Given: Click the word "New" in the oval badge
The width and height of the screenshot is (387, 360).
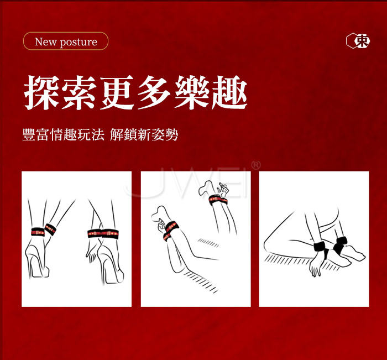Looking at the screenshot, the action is pos(45,41).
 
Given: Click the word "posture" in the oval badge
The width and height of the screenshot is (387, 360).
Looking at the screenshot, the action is pos(79,42).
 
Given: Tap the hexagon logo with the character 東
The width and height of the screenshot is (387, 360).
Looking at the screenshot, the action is pos(358,41).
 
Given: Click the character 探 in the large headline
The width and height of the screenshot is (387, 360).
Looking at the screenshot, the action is pos(41,92).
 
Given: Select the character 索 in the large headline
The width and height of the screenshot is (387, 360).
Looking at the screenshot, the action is pos(79,92).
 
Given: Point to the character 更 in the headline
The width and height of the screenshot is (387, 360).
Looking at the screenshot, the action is pos(117,92).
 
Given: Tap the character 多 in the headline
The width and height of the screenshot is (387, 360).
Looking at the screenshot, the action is pos(155,92).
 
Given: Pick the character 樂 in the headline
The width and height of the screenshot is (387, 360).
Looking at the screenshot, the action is pos(192,92).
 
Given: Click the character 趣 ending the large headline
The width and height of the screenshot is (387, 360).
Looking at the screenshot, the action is pos(230,92).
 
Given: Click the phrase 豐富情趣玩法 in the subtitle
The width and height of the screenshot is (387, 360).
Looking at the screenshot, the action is pos(64,134).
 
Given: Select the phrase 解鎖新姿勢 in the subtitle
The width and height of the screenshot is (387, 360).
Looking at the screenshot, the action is pos(144,134).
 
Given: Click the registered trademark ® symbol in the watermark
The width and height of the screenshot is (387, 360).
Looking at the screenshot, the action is pos(255,165).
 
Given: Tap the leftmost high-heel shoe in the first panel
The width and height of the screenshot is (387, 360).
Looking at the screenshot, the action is pos(38,259).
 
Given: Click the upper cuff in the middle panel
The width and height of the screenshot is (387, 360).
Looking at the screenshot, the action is pos(218,200).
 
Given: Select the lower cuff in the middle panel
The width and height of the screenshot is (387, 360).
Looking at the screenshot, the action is pos(170,231).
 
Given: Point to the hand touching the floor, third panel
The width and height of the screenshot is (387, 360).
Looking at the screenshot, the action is pos(316,265).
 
